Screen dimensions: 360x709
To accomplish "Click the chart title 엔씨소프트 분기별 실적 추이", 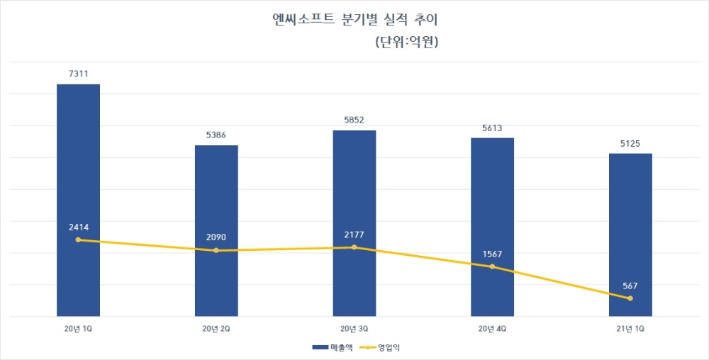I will click(355, 19).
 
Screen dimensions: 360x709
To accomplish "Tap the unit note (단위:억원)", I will click(406, 43).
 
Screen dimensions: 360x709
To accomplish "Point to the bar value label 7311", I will click(78, 73).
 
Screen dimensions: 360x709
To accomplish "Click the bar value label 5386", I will click(216, 134).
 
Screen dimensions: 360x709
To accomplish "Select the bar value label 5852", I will click(354, 120).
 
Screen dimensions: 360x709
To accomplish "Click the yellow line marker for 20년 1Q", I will click(78, 240).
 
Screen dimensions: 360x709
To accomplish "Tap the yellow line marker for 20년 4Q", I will click(493, 266).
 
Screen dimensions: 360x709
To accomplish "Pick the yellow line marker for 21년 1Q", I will click(630, 298).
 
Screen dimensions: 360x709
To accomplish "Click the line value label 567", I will click(631, 286).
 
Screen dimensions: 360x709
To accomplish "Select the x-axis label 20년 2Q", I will click(216, 329).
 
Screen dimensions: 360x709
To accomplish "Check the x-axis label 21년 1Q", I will click(631, 329).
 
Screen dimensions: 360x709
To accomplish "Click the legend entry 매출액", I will click(330, 347).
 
